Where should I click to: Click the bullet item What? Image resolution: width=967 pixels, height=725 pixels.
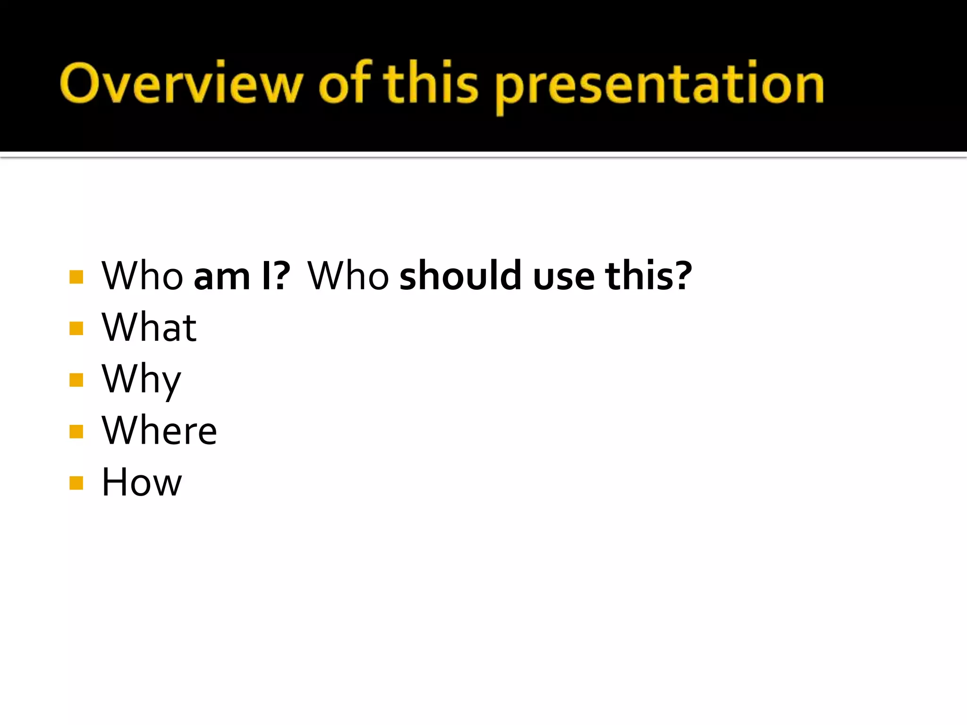[149, 327]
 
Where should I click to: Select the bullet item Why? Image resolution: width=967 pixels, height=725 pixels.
[141, 380]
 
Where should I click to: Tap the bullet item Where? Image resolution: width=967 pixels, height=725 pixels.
[159, 430]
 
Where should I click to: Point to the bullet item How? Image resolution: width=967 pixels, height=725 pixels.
[142, 482]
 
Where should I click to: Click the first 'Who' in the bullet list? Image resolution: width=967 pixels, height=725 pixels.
[142, 276]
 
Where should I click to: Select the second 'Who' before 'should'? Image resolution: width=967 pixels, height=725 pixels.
[348, 276]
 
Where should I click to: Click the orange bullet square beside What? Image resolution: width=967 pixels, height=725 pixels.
[76, 328]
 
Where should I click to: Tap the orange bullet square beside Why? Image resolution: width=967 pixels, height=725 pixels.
[76, 380]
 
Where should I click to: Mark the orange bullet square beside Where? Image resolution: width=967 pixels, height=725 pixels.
[76, 431]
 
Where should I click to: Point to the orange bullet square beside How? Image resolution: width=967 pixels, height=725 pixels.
[76, 483]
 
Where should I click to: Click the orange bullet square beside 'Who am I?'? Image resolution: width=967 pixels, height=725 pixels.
[76, 277]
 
